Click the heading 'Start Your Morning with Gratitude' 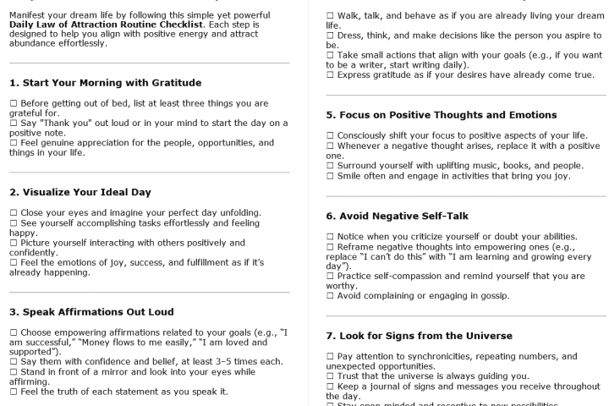(x=105, y=82)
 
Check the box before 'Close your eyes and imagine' (x=13, y=211)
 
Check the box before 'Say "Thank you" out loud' (x=13, y=123)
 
